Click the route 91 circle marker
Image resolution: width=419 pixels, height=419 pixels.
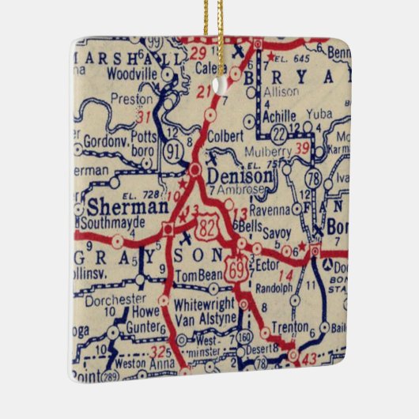coord(173,149)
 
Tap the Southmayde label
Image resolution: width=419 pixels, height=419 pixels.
coord(120,223)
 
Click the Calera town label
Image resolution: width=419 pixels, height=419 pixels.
coord(209,69)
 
